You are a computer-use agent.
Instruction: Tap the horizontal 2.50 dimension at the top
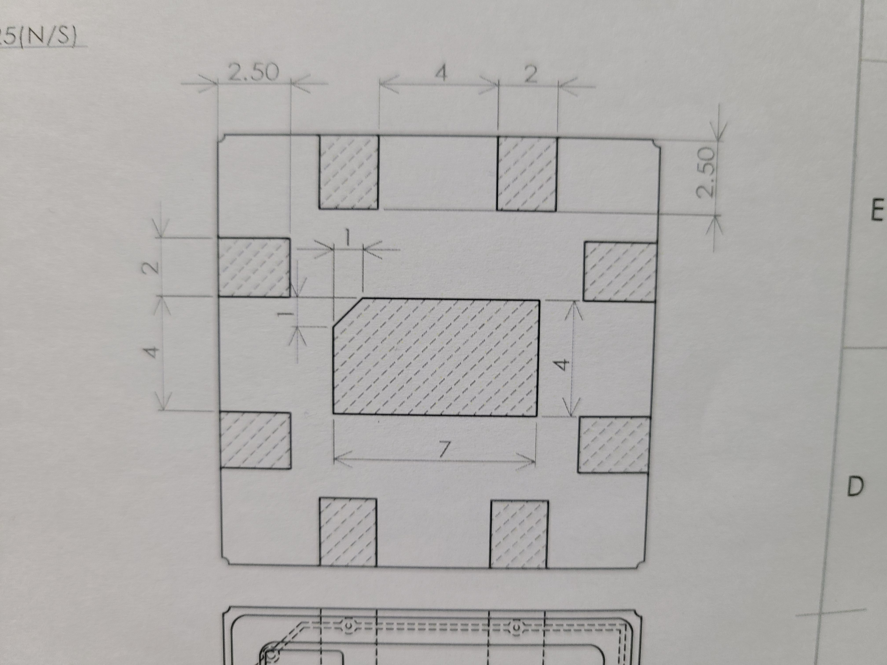[x=253, y=72]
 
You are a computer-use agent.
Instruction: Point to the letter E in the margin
[x=877, y=210]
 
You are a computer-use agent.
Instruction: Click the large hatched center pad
[x=436, y=357]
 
